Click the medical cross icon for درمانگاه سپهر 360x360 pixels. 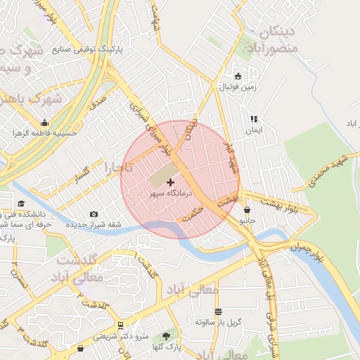[170, 182]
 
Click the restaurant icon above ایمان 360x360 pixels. [253, 120]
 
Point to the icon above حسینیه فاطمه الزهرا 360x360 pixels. [45, 122]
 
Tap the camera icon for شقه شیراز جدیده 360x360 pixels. [94, 214]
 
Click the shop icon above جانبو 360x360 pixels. [247, 210]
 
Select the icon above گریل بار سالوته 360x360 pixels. [218, 311]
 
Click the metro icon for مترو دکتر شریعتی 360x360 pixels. [121, 326]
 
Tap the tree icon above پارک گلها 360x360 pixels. [167, 336]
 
